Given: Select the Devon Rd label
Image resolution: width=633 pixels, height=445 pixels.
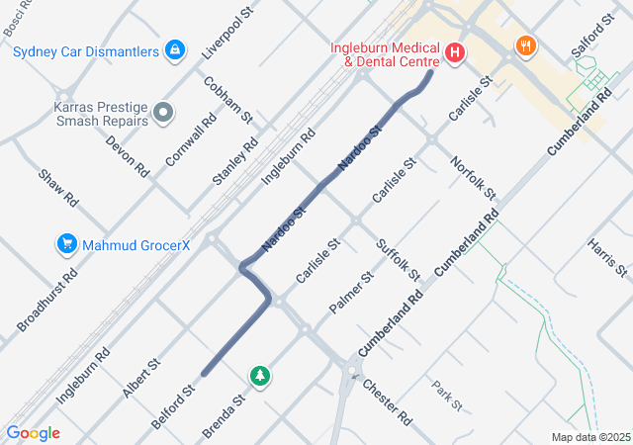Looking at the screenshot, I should [128, 154].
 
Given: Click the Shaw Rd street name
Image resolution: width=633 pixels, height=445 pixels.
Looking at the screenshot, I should [58, 187].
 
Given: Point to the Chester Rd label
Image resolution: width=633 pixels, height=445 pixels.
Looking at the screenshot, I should [387, 401].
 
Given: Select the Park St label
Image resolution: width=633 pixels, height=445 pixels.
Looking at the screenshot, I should [447, 395].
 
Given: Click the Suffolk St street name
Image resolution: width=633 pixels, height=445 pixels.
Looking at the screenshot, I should [399, 259].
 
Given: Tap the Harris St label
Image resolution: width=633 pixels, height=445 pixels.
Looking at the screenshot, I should [606, 257].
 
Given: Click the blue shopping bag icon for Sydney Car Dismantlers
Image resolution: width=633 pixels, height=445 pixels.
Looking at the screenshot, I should [175, 48].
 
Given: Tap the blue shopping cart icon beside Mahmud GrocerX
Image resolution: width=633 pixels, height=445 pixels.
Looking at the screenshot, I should [67, 242].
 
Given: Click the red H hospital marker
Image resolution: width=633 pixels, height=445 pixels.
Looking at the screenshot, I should [455, 51].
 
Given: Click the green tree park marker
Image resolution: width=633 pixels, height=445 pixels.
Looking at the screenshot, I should [260, 375].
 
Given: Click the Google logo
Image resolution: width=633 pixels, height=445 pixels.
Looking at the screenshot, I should [33, 433].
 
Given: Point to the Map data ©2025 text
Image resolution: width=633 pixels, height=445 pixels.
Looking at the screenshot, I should [590, 437].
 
